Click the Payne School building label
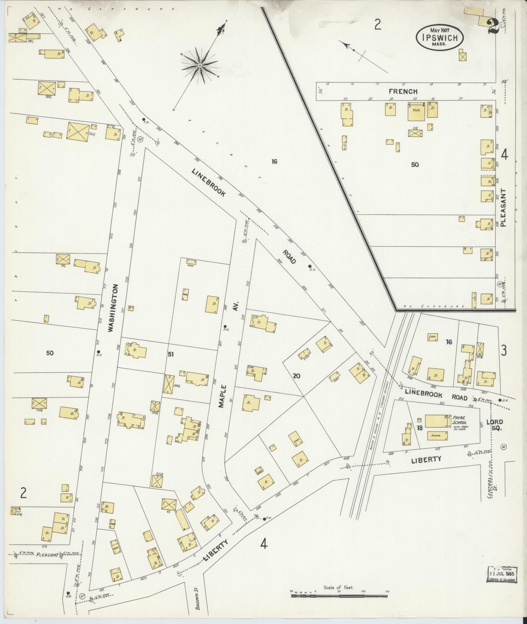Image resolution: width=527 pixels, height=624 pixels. (459, 420)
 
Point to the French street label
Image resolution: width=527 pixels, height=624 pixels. (403, 92)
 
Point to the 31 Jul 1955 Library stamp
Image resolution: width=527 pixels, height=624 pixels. (502, 574)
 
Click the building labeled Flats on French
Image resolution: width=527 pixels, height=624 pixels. (416, 112)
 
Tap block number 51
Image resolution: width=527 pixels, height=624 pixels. (170, 355)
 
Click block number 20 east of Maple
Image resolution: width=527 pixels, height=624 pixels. (296, 376)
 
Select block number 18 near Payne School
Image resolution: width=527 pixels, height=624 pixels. (420, 428)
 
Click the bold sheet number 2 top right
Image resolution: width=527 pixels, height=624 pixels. (492, 26)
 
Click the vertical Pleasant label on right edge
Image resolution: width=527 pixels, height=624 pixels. (503, 208)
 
